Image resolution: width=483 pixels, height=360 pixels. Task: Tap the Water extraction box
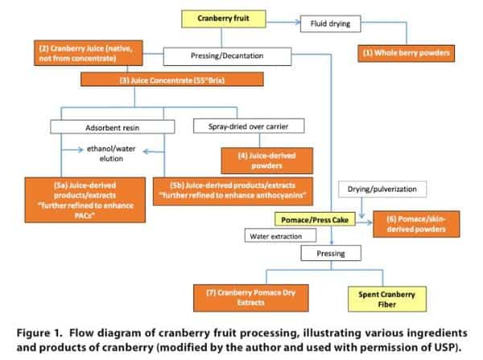[275, 235]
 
